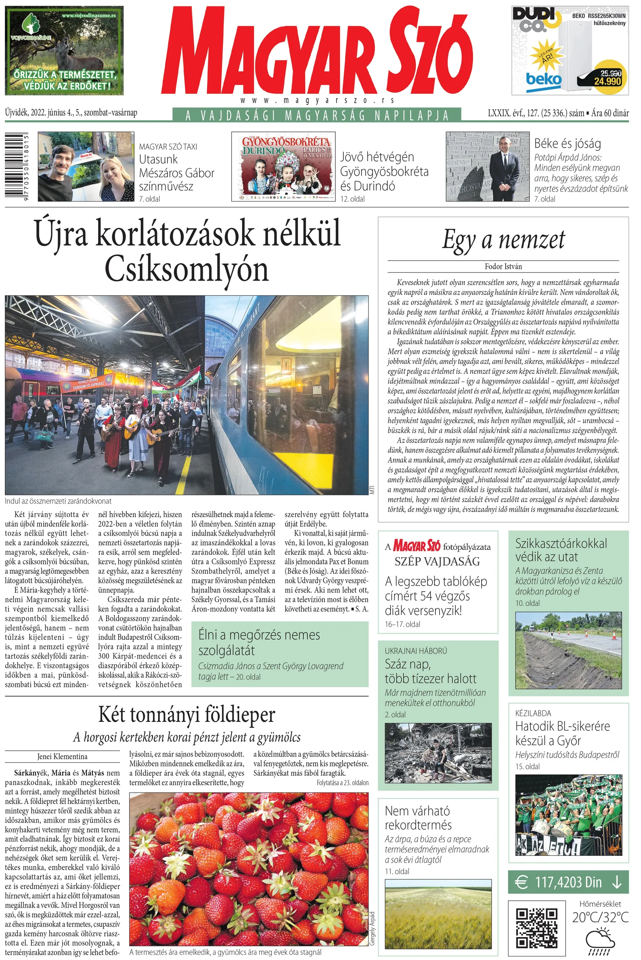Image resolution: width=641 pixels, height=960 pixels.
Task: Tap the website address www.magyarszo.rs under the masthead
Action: (317, 100)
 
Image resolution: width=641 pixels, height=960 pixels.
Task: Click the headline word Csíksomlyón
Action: (187, 270)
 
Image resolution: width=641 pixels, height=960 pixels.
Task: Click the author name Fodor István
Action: (503, 266)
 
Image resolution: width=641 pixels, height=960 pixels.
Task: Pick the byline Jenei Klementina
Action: (62, 757)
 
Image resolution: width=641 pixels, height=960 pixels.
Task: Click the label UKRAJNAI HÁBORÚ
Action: (416, 651)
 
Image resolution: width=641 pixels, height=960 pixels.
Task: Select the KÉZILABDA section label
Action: (533, 713)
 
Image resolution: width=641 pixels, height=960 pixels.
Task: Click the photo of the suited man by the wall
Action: (487, 166)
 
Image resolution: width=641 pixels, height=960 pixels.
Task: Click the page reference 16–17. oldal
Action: (402, 624)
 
